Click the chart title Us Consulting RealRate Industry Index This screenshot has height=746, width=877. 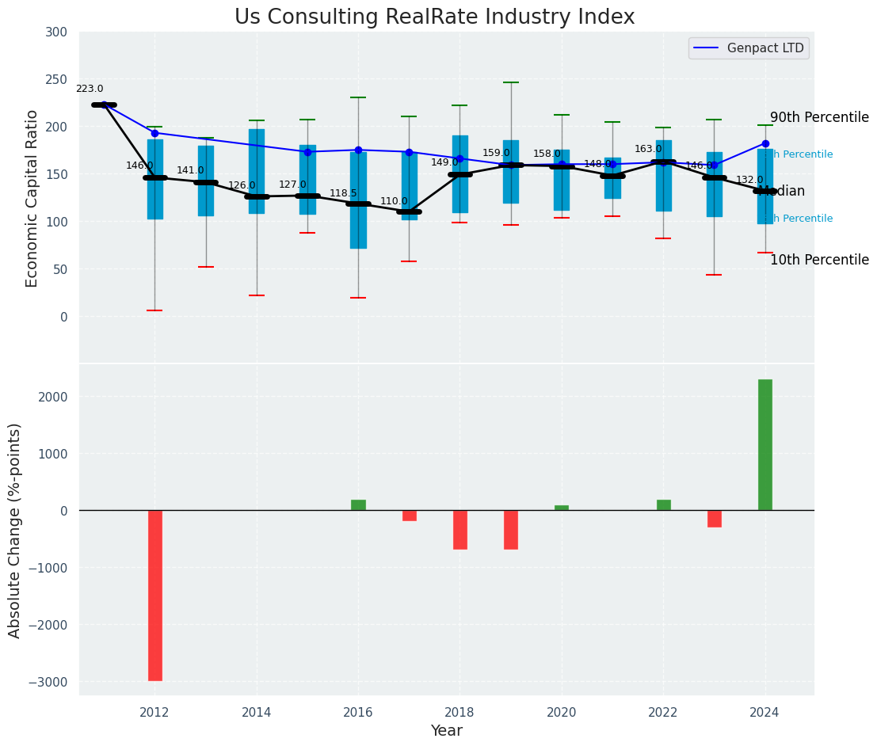434,17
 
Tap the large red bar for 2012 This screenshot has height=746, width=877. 155,595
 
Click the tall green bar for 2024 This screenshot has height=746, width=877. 765,444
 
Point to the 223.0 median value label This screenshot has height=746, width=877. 90,89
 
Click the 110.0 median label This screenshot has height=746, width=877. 394,202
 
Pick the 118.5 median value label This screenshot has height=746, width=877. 343,193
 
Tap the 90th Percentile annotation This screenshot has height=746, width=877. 819,118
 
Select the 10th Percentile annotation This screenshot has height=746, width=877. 819,261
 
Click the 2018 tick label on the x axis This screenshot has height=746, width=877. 459,712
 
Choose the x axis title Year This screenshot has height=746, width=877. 446,731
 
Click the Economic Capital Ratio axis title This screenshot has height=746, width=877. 32,198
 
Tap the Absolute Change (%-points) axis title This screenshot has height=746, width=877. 15,530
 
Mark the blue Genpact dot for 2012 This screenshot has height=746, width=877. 154,133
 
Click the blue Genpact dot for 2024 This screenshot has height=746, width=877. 765,144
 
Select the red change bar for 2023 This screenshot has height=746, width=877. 715,519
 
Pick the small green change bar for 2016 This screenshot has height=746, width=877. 358,505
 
